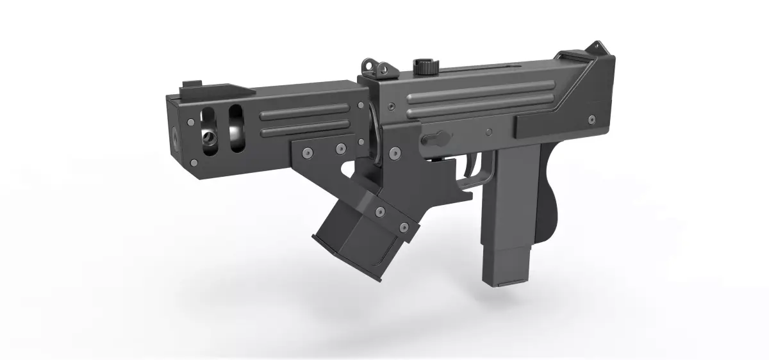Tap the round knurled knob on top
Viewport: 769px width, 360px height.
pos(424,65)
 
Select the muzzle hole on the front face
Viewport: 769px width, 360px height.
pos(174,136)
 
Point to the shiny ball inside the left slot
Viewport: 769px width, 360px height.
pos(209,138)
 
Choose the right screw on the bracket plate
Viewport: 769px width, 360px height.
pos(340,149)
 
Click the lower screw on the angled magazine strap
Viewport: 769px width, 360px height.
pos(404,229)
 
